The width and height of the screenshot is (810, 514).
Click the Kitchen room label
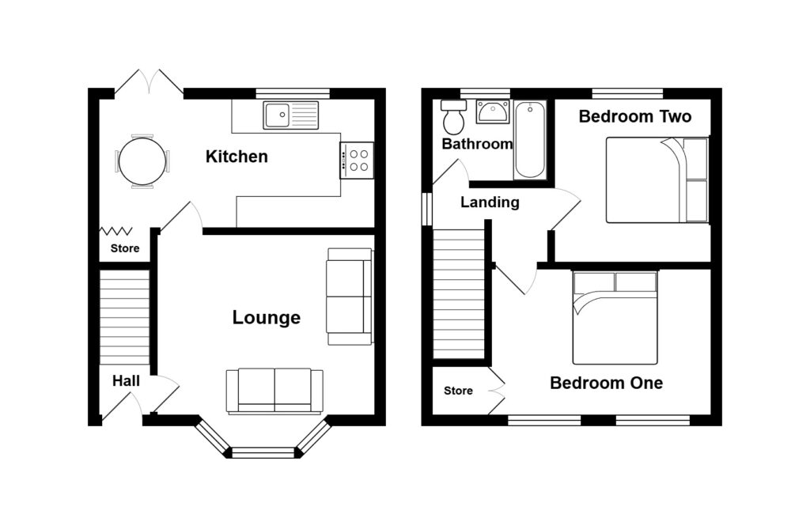coord(237,157)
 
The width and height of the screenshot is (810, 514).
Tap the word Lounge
coord(266,317)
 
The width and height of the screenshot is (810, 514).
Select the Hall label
coord(126,381)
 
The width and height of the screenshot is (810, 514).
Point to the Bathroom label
coord(477,144)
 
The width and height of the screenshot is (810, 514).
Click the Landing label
coord(490,202)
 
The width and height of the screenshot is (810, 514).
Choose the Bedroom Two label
coord(635,116)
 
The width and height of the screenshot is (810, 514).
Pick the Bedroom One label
coord(607,383)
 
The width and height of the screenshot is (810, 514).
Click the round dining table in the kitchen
coord(142,161)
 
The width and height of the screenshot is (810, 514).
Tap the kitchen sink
coord(291,115)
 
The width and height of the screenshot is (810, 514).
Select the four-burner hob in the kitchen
coord(357,161)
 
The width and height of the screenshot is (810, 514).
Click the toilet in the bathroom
coord(453,117)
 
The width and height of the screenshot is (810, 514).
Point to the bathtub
coord(529,140)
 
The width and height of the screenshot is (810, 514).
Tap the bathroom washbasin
coord(492,111)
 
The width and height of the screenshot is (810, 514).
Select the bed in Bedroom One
coord(615,318)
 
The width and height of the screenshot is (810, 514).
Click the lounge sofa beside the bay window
coord(274,391)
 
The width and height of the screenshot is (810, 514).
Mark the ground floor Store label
coord(125,248)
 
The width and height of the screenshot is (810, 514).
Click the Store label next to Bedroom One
coord(458,391)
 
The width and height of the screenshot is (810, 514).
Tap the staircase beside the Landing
coord(459,294)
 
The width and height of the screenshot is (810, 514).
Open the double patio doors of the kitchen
coord(149,83)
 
